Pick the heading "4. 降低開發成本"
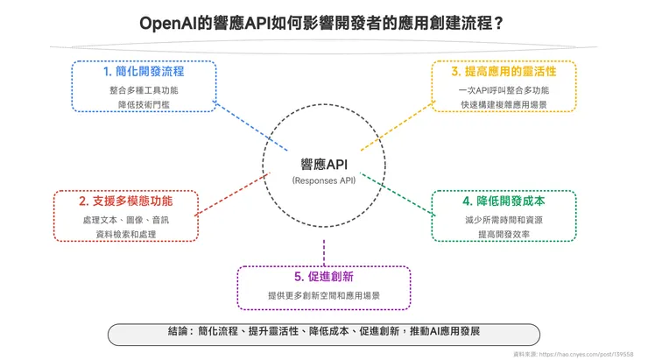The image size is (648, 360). (x=504, y=201)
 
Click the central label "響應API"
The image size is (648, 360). (x=323, y=164)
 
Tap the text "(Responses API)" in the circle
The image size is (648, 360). (x=323, y=180)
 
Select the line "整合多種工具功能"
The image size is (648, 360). (x=143, y=88)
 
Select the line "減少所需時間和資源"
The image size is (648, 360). (x=504, y=219)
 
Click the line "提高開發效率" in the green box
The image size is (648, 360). (x=504, y=233)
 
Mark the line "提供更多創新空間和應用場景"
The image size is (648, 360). (x=324, y=296)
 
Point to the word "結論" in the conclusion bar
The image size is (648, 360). (x=178, y=334)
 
